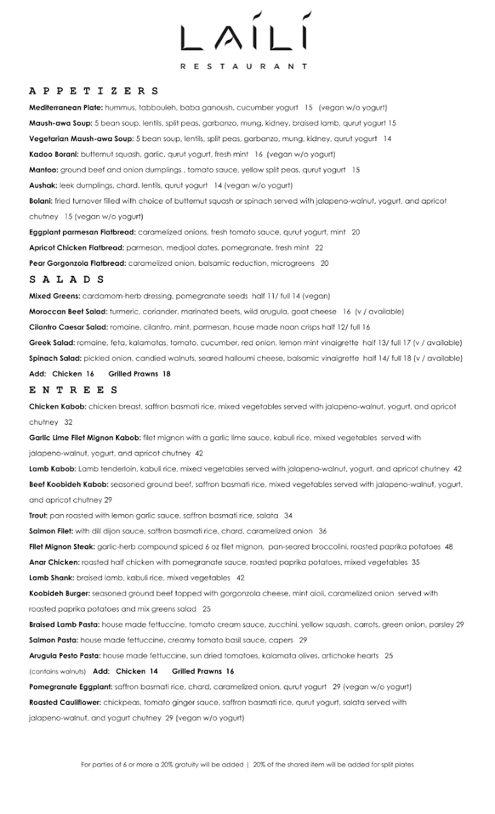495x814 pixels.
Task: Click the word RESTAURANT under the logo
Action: [x=244, y=66]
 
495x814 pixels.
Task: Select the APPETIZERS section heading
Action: [x=94, y=91]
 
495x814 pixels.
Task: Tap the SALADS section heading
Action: [x=67, y=279]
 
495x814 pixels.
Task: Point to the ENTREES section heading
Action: [x=74, y=390]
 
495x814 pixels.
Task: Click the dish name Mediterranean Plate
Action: [x=66, y=107]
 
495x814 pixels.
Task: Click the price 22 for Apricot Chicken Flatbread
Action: [x=319, y=248]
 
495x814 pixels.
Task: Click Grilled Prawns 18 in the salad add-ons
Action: [x=144, y=374]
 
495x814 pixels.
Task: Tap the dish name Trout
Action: [x=39, y=516]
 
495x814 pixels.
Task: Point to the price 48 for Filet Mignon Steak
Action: [x=449, y=547]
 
